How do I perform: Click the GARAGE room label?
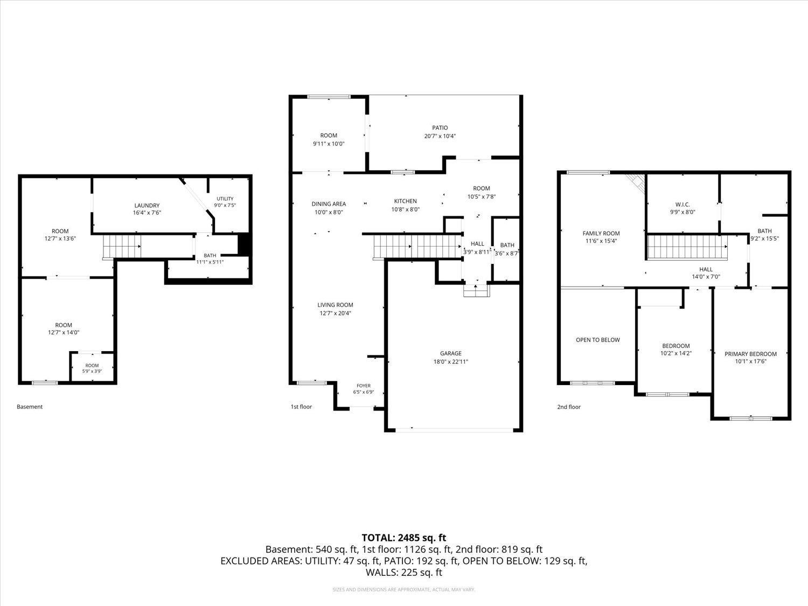pyautogui.click(x=450, y=353)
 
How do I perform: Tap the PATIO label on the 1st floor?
pyautogui.click(x=440, y=128)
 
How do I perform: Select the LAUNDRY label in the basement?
pyautogui.click(x=147, y=205)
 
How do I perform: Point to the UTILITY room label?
pyautogui.click(x=225, y=199)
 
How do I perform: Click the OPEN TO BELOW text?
pyautogui.click(x=598, y=340)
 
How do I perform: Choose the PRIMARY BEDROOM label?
pyautogui.click(x=750, y=354)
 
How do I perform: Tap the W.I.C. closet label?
pyautogui.click(x=682, y=205)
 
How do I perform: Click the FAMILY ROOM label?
pyautogui.click(x=601, y=233)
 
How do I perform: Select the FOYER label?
pyautogui.click(x=364, y=386)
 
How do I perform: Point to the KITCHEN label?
pyautogui.click(x=405, y=201)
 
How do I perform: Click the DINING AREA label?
pyautogui.click(x=329, y=204)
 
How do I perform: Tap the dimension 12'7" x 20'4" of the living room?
pyautogui.click(x=335, y=314)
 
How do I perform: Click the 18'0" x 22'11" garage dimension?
pyautogui.click(x=450, y=361)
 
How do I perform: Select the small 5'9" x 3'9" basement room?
pyautogui.click(x=92, y=367)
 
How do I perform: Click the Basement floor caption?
pyautogui.click(x=30, y=407)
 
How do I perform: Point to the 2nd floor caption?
pyautogui.click(x=569, y=407)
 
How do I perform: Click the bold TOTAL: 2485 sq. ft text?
pyautogui.click(x=404, y=538)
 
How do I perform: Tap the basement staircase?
pyautogui.click(x=122, y=246)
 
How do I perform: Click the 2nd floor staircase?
pyautogui.click(x=687, y=247)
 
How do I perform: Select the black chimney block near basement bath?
pyautogui.click(x=244, y=243)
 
